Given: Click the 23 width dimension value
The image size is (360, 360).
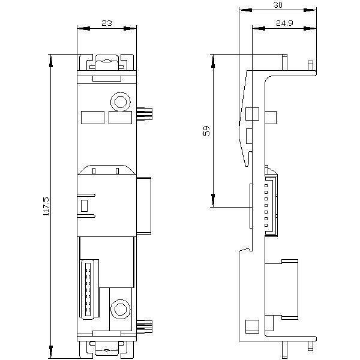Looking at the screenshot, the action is coord(107,23).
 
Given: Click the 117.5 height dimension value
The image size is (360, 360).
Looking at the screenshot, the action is coord(46,206).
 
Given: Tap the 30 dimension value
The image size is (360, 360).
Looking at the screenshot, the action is coord(278,5).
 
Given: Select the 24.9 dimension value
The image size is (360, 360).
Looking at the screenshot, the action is coord(284,23).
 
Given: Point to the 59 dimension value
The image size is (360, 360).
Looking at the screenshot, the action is coord(207,130).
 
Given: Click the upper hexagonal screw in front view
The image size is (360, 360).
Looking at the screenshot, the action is coord(121,102).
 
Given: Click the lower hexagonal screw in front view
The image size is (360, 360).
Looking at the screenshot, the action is coord(121,309).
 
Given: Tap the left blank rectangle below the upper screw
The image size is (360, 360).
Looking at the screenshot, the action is coord(93,118).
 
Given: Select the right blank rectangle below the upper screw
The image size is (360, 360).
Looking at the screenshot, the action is coord(120,118).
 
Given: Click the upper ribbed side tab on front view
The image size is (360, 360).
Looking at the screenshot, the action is coord(145,113).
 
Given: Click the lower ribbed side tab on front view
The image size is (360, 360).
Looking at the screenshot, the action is coord(145,326).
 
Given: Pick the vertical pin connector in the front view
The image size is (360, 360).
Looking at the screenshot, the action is coord(88,289).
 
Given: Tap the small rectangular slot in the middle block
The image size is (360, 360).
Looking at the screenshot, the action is coord(84,205).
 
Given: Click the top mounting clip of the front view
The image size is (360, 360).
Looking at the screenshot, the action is coord(107,62).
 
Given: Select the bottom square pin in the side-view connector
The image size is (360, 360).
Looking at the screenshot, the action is coord(266,226).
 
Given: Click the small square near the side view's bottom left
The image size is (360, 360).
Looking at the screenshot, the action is coord(252,326).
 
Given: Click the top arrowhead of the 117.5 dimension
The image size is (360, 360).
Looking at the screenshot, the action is coord(51,61).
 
